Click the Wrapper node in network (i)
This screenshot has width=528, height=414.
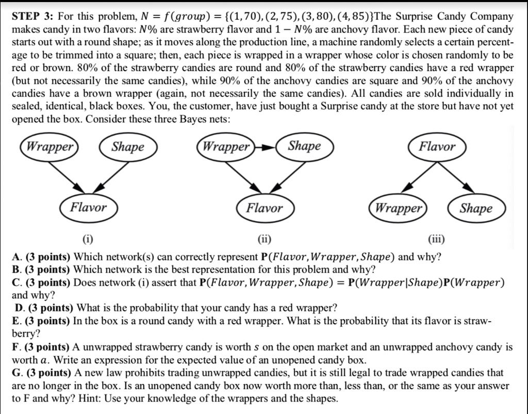click(x=50, y=147)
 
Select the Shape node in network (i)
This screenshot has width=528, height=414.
click(x=128, y=147)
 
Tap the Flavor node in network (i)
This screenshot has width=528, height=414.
click(x=88, y=208)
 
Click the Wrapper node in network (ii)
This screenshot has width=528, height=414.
click(x=225, y=146)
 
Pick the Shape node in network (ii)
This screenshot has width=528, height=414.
click(x=304, y=146)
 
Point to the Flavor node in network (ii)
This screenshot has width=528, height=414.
click(x=264, y=208)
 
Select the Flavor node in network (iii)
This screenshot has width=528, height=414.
click(x=437, y=146)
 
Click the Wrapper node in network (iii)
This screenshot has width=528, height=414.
click(x=399, y=208)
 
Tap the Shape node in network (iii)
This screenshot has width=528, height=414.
click(x=476, y=208)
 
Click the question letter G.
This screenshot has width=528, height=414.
click(x=16, y=372)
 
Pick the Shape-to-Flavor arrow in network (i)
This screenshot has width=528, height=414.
click(x=109, y=176)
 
